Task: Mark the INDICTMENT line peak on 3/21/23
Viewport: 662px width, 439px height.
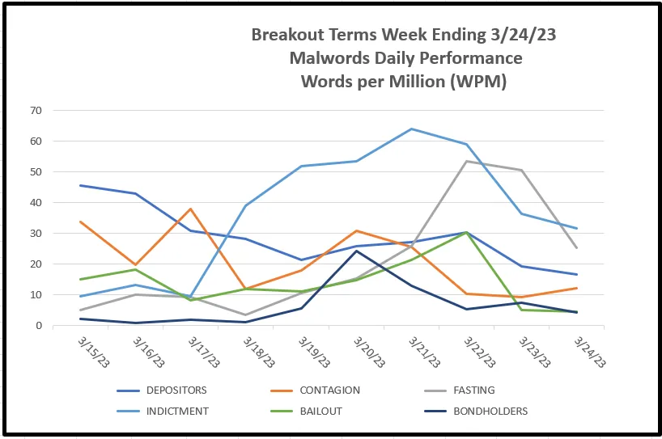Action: (411, 129)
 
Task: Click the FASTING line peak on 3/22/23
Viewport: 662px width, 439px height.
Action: (466, 161)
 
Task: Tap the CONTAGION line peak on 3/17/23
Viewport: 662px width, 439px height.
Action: (191, 209)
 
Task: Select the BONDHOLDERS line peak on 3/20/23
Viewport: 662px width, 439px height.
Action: (356, 251)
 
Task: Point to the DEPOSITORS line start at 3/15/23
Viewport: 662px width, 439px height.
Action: (81, 185)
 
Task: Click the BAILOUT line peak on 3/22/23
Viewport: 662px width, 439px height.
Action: (466, 233)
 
